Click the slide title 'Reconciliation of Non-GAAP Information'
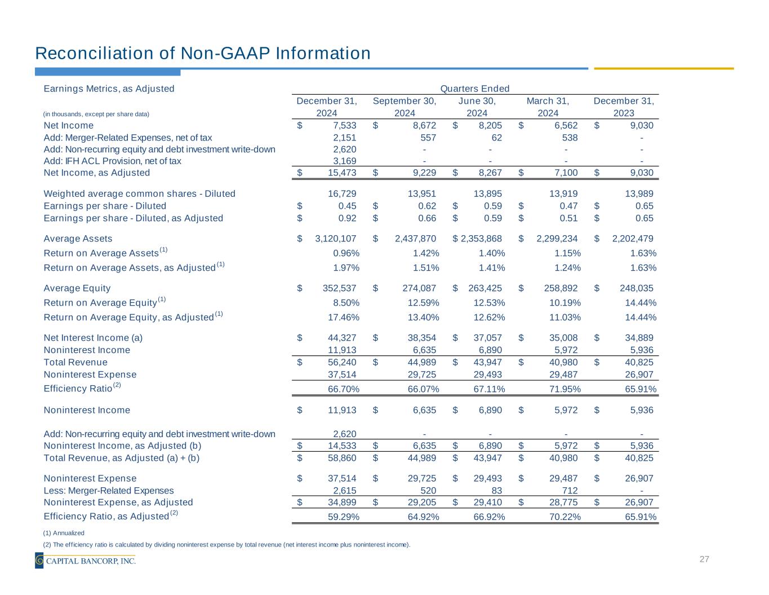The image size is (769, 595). pyautogui.click(x=203, y=53)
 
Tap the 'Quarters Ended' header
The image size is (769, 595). pyautogui.click(x=474, y=89)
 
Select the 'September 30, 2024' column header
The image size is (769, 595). pyautogui.click(x=404, y=107)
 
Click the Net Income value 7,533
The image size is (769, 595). pyautogui.click(x=341, y=125)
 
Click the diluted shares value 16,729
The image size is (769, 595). pyautogui.click(x=341, y=193)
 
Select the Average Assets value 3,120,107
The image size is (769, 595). pyautogui.click(x=335, y=239)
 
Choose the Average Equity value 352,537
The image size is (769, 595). pyautogui.click(x=339, y=288)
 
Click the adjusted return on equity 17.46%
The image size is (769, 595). pyautogui.click(x=343, y=317)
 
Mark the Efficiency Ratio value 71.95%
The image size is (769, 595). pyautogui.click(x=564, y=389)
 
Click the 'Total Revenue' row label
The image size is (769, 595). pyautogui.click(x=75, y=362)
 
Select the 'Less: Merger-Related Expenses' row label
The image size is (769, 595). pyautogui.click(x=109, y=491)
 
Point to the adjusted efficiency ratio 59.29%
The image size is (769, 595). pyautogui.click(x=343, y=517)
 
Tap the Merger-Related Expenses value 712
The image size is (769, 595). pyautogui.click(x=570, y=491)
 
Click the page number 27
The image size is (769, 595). pyautogui.click(x=704, y=559)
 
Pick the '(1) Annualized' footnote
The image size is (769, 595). pyautogui.click(x=64, y=533)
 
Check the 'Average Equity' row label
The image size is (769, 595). pyautogui.click(x=77, y=288)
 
